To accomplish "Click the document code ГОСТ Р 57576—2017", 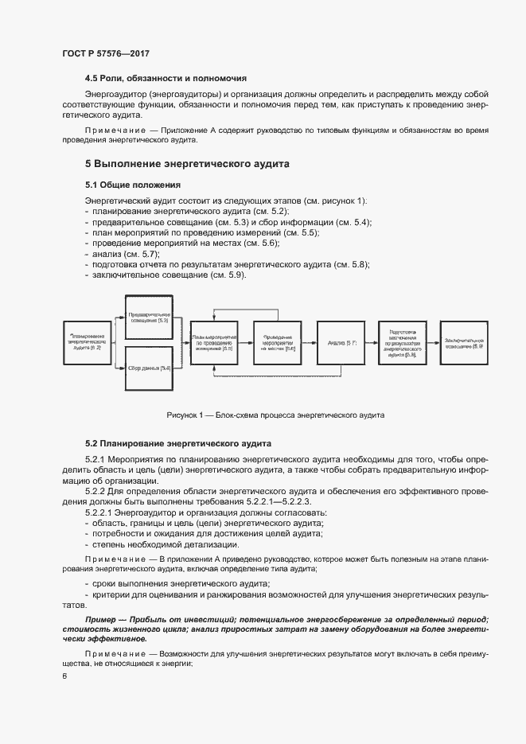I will [106, 53].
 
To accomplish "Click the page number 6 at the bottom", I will [64, 676].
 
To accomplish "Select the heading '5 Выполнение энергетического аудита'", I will [187, 164].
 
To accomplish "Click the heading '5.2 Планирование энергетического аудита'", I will [179, 443].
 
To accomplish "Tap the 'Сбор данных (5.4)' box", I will [149, 368].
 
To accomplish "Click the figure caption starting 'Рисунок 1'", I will [275, 415].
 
